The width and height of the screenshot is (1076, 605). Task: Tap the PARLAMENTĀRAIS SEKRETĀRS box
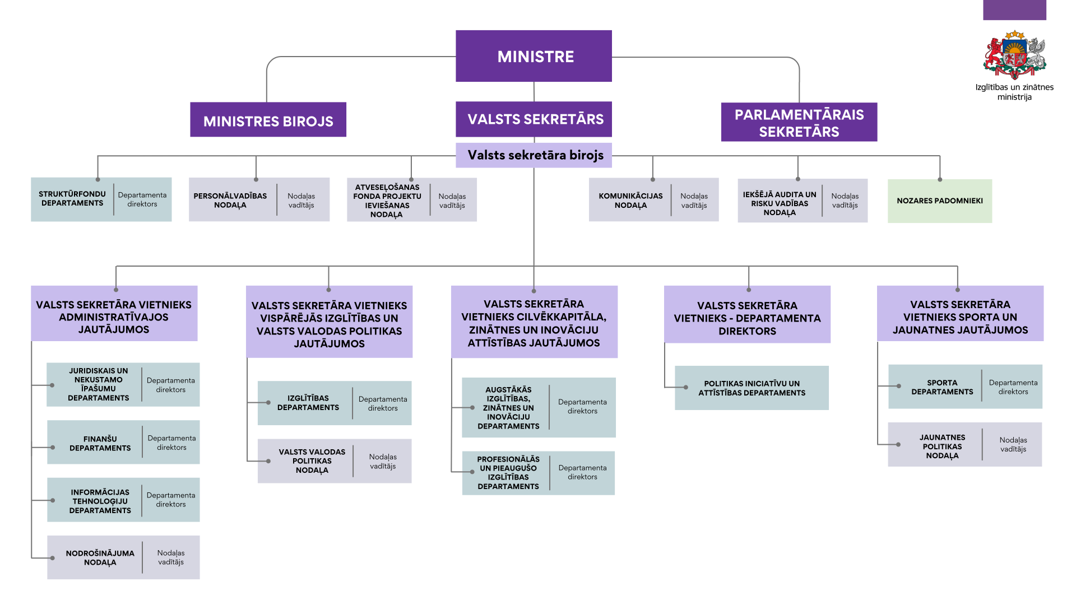799,123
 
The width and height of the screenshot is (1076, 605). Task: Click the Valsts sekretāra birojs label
535,155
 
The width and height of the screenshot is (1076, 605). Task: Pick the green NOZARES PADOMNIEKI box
939,201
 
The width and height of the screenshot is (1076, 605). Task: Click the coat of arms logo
1014,55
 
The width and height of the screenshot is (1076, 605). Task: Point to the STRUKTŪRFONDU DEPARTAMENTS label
72,199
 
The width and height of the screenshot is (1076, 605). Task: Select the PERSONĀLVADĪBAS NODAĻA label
230,201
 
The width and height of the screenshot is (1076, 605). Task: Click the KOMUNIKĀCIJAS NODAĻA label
630,201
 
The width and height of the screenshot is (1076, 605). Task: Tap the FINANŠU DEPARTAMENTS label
100,444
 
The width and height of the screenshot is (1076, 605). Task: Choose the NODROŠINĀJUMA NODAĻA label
100,558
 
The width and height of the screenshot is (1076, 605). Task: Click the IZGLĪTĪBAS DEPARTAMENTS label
308,403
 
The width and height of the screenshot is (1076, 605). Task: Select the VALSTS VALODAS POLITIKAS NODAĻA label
312,461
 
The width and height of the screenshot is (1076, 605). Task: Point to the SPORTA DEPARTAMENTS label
942,388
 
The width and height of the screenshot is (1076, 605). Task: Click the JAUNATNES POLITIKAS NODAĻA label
942,446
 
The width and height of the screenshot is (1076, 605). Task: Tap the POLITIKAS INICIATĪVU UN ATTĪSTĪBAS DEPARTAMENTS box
752,388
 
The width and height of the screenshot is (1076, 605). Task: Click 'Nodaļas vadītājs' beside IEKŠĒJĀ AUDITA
845,201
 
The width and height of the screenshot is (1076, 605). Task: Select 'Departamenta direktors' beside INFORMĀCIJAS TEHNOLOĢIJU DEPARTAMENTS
171,500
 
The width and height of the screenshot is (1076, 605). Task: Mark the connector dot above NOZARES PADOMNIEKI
940,180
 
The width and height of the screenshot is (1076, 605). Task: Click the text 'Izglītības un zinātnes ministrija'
1014,92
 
